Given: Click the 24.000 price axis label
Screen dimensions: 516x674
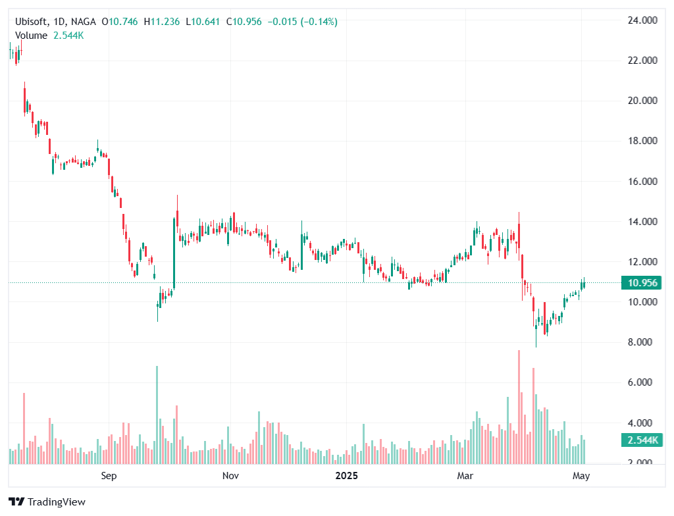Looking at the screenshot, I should coord(643,20).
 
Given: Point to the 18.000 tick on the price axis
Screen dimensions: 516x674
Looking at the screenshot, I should coord(643,141).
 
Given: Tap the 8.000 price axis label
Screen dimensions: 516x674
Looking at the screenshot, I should coord(643,342).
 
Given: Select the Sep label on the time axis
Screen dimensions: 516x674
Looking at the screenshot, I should coord(109,475).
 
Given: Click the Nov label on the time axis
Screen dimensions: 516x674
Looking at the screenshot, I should coord(230,475).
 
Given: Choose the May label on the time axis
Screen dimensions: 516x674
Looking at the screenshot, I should coord(581,475).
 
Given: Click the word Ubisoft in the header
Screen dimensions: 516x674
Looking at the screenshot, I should coord(32,22).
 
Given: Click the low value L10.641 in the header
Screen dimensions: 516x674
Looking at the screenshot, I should coord(204,22).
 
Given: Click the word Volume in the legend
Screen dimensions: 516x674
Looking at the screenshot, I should coord(31,35).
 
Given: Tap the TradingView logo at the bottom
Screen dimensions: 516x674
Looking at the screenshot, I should coord(47,502).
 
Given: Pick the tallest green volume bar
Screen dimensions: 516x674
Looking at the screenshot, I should coord(157,415).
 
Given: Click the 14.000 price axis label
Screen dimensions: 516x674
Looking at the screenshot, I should coord(643,222).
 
